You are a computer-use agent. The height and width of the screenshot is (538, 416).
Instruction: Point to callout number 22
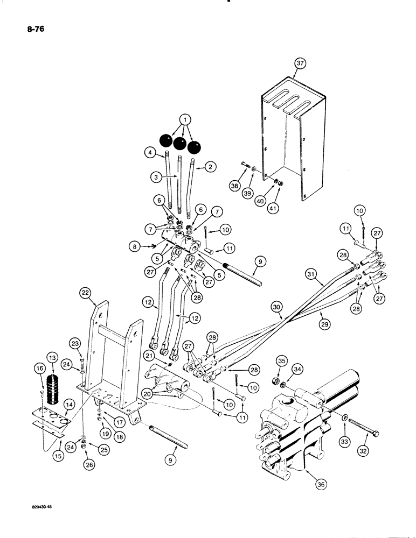point(84,293)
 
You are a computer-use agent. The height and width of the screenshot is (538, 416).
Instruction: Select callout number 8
point(133,246)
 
